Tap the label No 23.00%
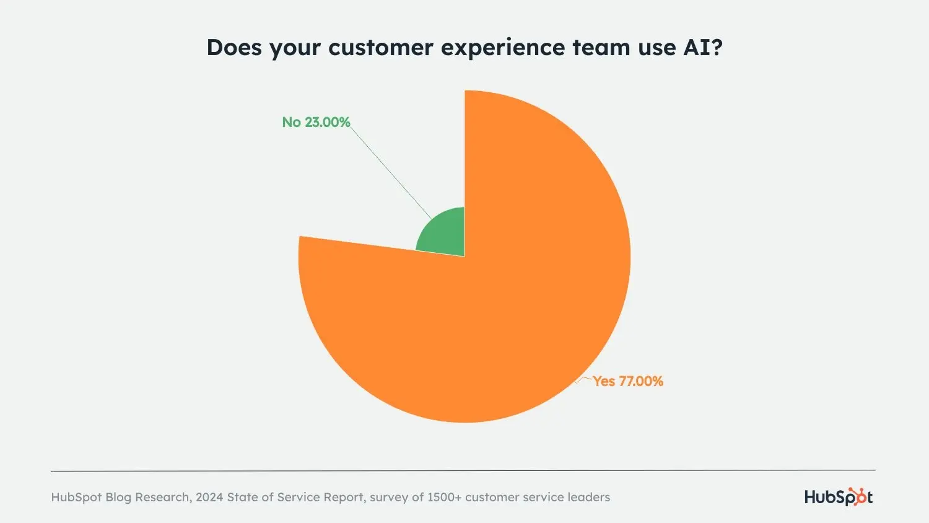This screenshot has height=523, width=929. coord(316,122)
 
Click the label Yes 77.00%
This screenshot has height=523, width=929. coord(627,381)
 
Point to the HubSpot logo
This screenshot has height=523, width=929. coord(838,497)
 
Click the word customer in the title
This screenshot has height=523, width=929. coord(380,48)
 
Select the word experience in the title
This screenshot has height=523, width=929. coord(502,48)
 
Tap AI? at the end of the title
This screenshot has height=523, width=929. coord(703,48)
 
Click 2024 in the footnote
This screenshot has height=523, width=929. coord(209,497)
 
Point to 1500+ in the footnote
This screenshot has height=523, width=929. coord(444,497)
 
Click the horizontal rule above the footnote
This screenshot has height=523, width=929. coord(463,470)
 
